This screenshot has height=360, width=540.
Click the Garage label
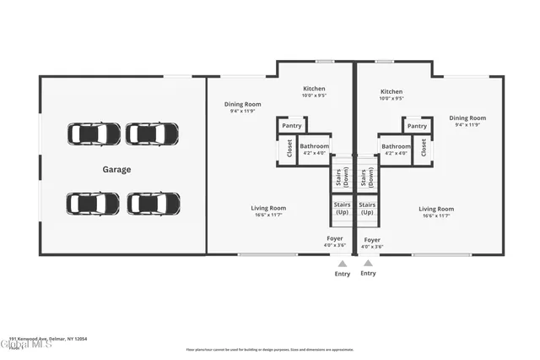(x=116, y=170)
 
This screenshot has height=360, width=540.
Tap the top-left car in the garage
(x=94, y=134)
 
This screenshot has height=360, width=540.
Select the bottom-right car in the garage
(x=154, y=204)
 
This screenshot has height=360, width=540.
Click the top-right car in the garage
(x=152, y=134)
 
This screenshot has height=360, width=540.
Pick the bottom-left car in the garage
(x=93, y=204)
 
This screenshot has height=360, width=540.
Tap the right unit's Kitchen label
(x=391, y=91)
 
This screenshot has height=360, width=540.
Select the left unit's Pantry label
(x=292, y=126)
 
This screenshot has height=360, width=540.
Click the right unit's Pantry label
(x=417, y=126)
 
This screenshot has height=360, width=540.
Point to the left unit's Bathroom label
(x=314, y=146)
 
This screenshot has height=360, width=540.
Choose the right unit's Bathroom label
(x=395, y=146)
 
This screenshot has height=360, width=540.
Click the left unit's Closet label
(x=289, y=149)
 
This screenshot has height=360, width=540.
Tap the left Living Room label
(x=268, y=208)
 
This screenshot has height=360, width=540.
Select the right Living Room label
(x=436, y=209)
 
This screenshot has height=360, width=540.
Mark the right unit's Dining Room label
(x=467, y=118)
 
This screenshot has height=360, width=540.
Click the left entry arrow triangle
(x=342, y=263)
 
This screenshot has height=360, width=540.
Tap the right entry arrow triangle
(x=368, y=263)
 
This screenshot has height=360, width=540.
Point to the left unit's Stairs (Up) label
(x=342, y=208)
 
